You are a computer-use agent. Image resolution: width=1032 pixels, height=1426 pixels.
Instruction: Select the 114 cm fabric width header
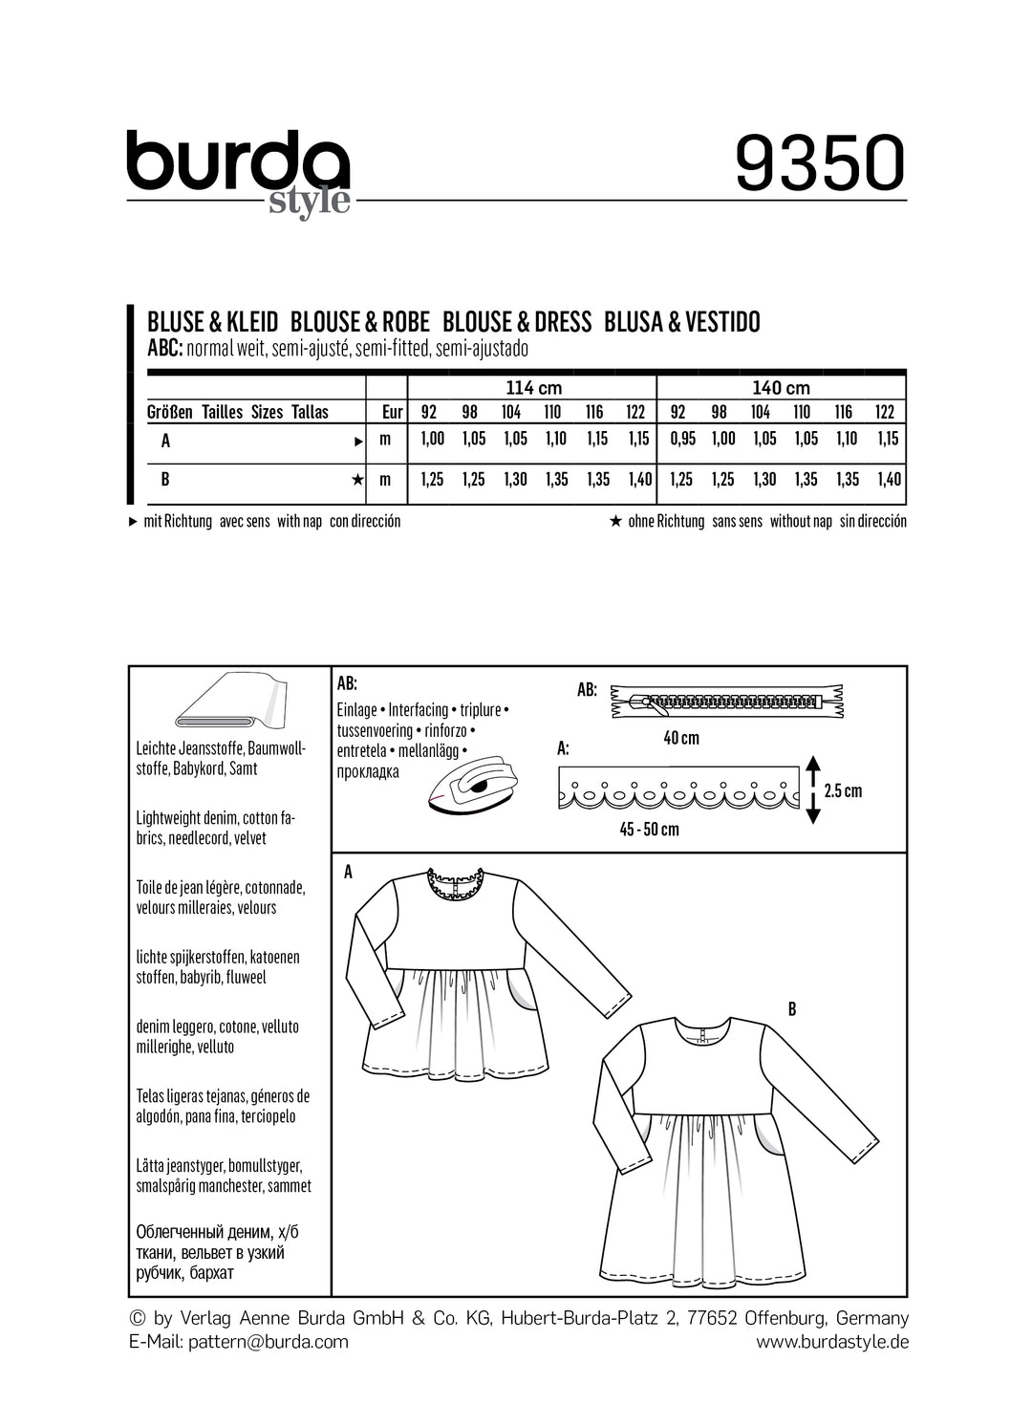pos(533,387)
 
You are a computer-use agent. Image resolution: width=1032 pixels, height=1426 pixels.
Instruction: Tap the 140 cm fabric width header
pos(781,387)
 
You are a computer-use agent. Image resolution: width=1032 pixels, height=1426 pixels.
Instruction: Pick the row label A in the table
pos(166,441)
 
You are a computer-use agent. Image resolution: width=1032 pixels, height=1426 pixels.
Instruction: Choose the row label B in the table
pos(165,479)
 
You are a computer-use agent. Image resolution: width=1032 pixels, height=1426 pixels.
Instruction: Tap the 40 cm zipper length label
pos(681,738)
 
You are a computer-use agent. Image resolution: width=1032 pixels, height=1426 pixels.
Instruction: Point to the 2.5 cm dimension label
pos(842,790)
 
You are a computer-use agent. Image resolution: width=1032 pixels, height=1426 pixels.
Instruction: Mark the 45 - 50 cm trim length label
pos(649,830)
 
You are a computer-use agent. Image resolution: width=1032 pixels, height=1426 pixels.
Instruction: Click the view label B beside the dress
pos(791,1008)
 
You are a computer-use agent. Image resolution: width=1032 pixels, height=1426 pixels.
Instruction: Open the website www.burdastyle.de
pos(831,1342)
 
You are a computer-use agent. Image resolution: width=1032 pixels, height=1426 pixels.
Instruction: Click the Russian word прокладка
pos(368,771)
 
